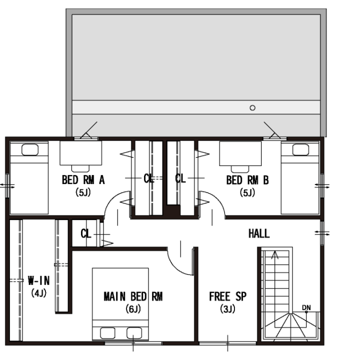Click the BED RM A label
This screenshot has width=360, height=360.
pos(83,180)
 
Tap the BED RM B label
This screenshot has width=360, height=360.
pos(247,180)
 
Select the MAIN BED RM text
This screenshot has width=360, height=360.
pos(133,296)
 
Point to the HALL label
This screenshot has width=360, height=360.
pos(259,233)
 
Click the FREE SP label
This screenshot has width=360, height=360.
pos(228,296)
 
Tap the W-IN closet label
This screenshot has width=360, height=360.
pos(38,280)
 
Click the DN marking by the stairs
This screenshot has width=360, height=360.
pos(306,307)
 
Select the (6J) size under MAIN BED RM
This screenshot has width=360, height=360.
pos(133,309)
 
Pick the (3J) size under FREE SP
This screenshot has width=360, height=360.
pos(227,309)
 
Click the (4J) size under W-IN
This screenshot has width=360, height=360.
pos(39,293)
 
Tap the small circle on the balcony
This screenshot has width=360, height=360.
pos(252,107)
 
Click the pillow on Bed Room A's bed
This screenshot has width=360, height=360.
pos(30,149)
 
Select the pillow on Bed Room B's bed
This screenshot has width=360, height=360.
pos(300,149)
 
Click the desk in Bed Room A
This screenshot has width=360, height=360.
pos(81,153)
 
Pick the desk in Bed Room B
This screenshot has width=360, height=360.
pos(240,153)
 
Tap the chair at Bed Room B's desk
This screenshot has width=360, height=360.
pos(240,169)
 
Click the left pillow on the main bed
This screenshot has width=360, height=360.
pos(107,333)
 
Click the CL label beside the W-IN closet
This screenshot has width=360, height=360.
pos(86,233)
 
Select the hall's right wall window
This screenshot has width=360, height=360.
pos(322,233)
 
